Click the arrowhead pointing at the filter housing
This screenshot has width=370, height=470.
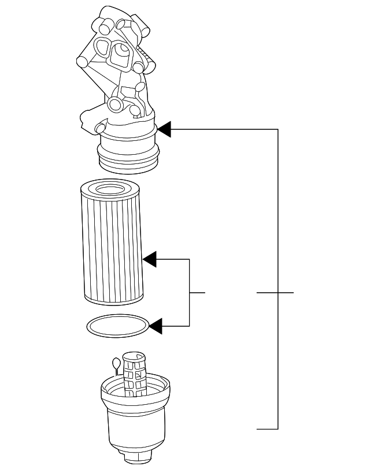pyautogui.click(x=164, y=129)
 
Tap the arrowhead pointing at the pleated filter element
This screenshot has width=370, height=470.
pyautogui.click(x=150, y=260)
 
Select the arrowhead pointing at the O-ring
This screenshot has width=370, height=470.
pyautogui.click(x=156, y=327)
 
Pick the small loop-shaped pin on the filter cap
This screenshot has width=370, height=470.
pyautogui.click(x=115, y=364)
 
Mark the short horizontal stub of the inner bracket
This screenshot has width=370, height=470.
pyautogui.click(x=198, y=293)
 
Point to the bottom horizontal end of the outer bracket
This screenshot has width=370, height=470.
pyautogui.click(x=267, y=429)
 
